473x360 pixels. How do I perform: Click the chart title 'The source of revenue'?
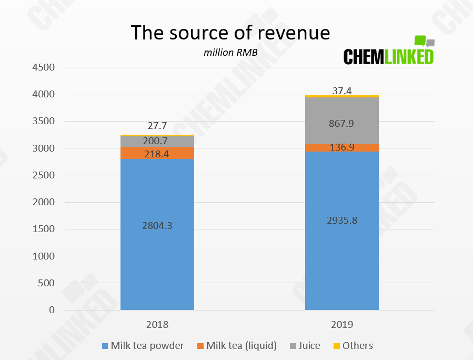(x=230, y=33)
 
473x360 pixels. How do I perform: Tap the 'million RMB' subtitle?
(x=230, y=53)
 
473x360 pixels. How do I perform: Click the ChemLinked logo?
(x=389, y=51)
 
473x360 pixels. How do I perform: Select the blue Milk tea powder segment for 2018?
(x=157, y=234)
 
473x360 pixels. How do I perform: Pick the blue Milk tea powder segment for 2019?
(x=342, y=231)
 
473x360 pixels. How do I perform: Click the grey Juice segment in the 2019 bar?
(x=342, y=121)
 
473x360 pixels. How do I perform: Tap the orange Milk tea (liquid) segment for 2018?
(x=157, y=153)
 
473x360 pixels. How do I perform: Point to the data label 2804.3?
(x=157, y=226)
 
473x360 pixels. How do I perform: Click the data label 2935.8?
(x=342, y=221)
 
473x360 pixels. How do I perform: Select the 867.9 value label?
(x=341, y=123)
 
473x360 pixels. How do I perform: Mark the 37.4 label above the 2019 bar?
(x=342, y=91)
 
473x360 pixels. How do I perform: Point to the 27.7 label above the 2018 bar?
(x=157, y=126)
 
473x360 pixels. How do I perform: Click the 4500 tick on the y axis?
(x=44, y=67)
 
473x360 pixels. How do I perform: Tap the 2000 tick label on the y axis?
(x=44, y=202)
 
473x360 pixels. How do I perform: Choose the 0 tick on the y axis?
(x=52, y=310)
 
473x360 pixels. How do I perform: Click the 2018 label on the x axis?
(x=157, y=325)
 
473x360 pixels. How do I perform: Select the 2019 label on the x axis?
(x=342, y=325)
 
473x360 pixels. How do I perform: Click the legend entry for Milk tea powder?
(x=143, y=346)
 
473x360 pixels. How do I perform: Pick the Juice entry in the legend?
(x=305, y=346)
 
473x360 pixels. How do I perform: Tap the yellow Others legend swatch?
(x=337, y=346)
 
